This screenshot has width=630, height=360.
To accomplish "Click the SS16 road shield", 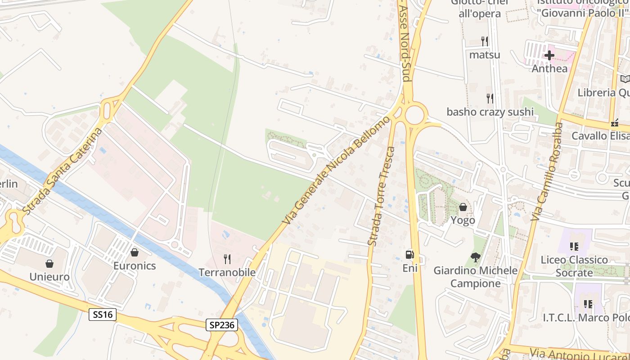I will [x=102, y=315].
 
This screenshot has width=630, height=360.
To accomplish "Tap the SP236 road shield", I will [x=222, y=324].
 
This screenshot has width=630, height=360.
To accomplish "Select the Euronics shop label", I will [x=134, y=265].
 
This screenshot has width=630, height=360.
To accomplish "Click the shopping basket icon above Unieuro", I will [x=49, y=263].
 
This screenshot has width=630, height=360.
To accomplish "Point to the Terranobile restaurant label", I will [x=227, y=272].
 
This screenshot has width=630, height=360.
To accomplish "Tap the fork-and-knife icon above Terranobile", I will [x=227, y=259].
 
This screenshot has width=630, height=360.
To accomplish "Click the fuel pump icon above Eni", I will [x=409, y=255].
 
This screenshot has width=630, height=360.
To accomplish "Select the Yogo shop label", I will [x=463, y=220].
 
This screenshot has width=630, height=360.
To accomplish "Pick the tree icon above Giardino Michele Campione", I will [x=475, y=257].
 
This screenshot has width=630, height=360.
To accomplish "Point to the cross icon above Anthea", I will [x=549, y=55].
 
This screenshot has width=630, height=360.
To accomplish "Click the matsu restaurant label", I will [x=485, y=55].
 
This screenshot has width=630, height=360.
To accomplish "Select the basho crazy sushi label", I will [x=490, y=112].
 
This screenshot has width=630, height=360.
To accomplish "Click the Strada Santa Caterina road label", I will [x=63, y=171].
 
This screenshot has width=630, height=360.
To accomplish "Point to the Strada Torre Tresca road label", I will [x=382, y=196].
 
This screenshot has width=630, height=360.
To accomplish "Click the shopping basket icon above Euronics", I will [x=134, y=252].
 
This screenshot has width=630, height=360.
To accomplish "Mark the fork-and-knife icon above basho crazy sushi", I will [x=490, y=98].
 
